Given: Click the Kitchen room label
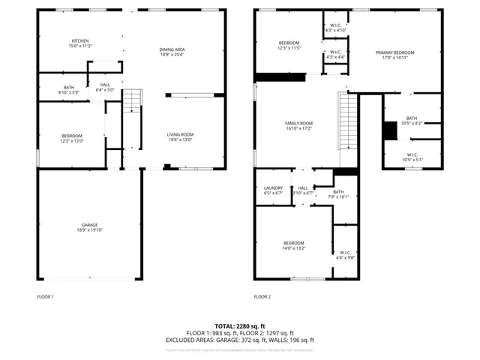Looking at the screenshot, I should pyautogui.click(x=80, y=43).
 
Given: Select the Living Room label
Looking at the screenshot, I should pyautogui.click(x=180, y=137).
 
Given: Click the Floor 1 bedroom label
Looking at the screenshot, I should pyautogui.click(x=72, y=139).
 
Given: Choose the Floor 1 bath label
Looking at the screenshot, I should pyautogui.click(x=69, y=90).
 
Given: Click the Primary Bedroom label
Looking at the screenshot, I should pyautogui.click(x=394, y=55).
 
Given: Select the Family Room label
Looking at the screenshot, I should pyautogui.click(x=298, y=125).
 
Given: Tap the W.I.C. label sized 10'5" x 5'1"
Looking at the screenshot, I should pyautogui.click(x=412, y=158).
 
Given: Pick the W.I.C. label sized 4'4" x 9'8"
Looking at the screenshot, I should pyautogui.click(x=345, y=254).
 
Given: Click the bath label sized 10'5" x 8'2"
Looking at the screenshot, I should pyautogui.click(x=412, y=120).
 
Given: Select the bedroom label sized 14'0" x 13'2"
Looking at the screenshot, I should pyautogui.click(x=294, y=244).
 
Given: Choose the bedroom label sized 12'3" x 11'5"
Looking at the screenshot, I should pyautogui.click(x=289, y=45).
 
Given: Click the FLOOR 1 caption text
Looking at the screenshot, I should pyautogui.click(x=46, y=297).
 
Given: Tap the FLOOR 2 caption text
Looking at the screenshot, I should pyautogui.click(x=262, y=297).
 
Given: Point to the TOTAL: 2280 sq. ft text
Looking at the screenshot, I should pyautogui.click(x=240, y=326).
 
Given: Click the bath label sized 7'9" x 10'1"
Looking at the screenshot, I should pyautogui.click(x=339, y=194).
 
